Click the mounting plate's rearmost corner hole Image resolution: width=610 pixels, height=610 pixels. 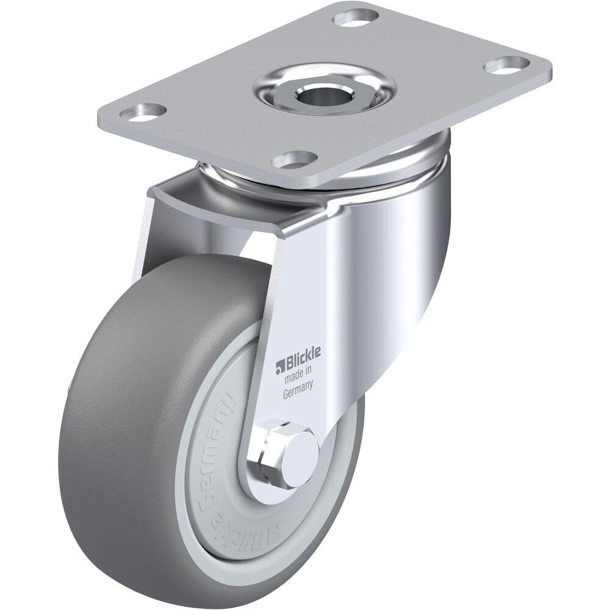click(350, 16)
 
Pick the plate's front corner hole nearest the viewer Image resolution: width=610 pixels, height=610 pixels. click(291, 160)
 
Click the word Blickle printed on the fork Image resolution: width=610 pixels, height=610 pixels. click(305, 365)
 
